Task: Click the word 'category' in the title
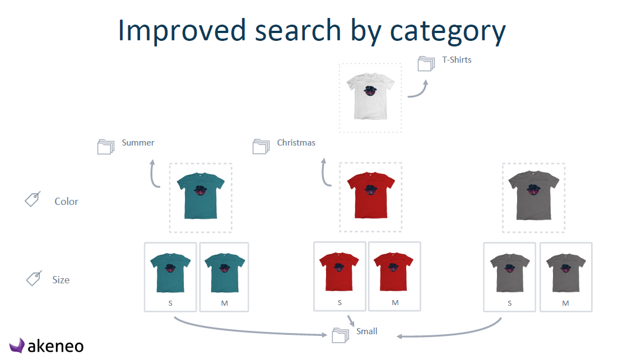[x=447, y=31]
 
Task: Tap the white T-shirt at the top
[x=370, y=96]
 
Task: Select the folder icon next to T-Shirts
[x=426, y=63]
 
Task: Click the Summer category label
[x=138, y=143]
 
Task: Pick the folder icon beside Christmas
[x=261, y=146]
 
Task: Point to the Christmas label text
[x=296, y=143]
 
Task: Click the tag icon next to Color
[x=32, y=199]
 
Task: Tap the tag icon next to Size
[x=34, y=278]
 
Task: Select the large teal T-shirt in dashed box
[x=201, y=196]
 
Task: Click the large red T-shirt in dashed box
[x=371, y=195]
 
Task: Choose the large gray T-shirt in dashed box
[x=533, y=195]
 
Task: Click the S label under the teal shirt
[x=170, y=303]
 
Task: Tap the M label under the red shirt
[x=396, y=302]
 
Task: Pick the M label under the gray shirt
[x=565, y=303]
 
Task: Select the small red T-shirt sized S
[x=339, y=272]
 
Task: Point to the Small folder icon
[x=341, y=335]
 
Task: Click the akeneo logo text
[x=55, y=346]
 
